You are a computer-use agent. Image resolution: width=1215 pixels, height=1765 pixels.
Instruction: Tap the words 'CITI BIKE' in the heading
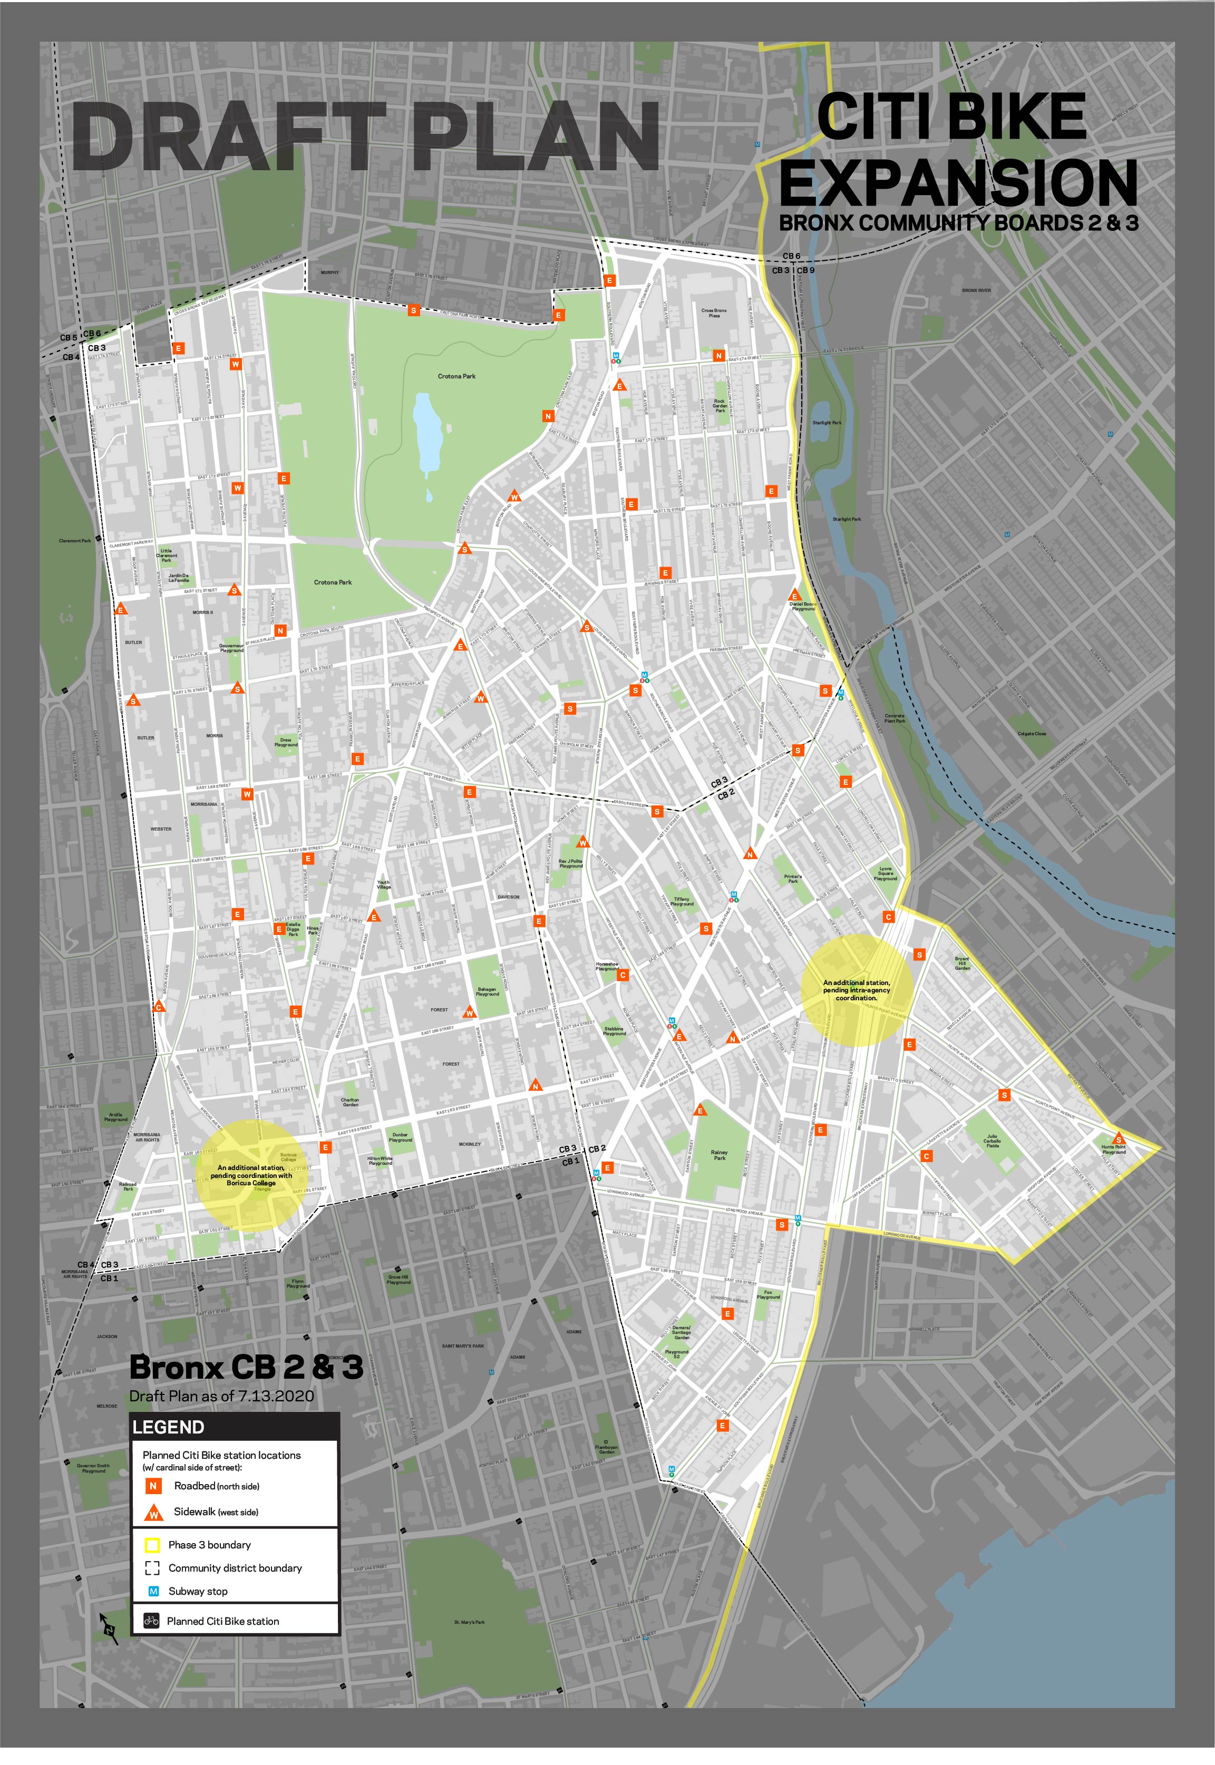click(x=951, y=118)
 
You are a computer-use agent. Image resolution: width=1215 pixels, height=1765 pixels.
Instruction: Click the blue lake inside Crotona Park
click(x=427, y=430)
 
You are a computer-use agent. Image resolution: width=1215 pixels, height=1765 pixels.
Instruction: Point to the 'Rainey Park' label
click(x=718, y=1155)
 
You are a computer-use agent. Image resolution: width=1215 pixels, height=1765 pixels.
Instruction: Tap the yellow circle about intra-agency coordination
click(x=857, y=989)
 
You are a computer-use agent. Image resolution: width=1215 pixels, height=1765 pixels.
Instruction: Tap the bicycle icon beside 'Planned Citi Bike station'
click(x=151, y=1621)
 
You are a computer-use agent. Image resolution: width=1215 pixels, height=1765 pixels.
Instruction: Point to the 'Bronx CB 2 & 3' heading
click(x=246, y=1368)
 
